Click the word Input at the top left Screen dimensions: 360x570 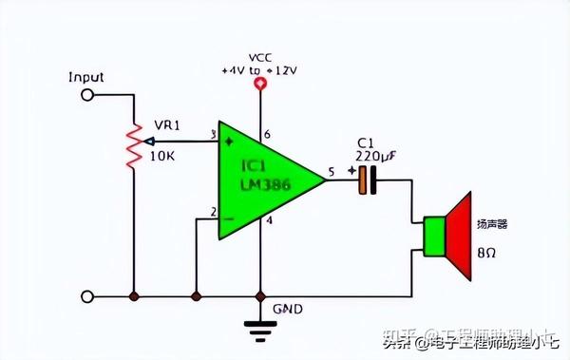(x=86, y=77)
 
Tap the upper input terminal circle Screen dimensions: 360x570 (x=88, y=95)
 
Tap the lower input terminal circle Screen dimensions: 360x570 (x=88, y=295)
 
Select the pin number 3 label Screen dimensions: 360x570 (x=213, y=135)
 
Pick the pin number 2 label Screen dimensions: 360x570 (x=213, y=212)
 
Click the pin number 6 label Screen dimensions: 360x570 (x=268, y=135)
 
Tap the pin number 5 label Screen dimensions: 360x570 (x=332, y=171)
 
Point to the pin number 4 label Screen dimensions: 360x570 (x=268, y=222)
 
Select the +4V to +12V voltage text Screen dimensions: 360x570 (x=259, y=70)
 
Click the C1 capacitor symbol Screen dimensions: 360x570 (x=367, y=180)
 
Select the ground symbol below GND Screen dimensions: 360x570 (x=259, y=328)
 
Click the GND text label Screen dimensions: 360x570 (x=287, y=309)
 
